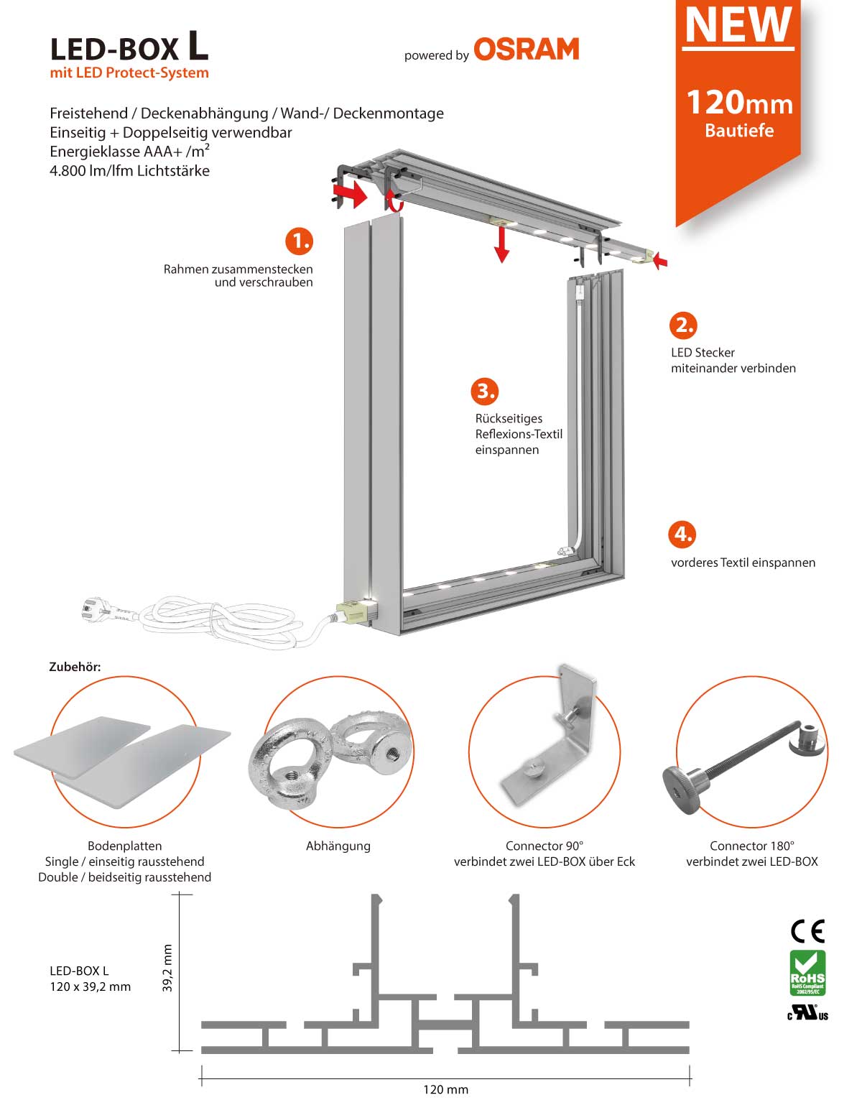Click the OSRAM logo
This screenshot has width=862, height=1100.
point(526,49)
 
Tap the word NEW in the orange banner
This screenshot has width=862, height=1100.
point(738,25)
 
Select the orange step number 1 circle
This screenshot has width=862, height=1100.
point(299,241)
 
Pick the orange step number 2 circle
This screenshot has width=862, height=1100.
point(684,325)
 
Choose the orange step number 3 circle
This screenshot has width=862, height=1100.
point(485,391)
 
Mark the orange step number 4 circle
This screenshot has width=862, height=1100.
point(682,534)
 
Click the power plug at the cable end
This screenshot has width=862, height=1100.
point(96,611)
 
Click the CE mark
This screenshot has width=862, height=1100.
point(807,931)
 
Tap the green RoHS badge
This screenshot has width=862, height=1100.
point(807,973)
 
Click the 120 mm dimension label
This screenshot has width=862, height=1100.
point(445,1089)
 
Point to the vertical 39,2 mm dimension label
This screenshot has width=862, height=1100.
point(167,969)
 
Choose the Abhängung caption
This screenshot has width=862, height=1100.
point(338,846)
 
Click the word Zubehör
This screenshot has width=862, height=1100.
point(75,667)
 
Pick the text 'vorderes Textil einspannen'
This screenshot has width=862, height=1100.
point(743,563)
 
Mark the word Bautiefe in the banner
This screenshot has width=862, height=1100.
point(739,131)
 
